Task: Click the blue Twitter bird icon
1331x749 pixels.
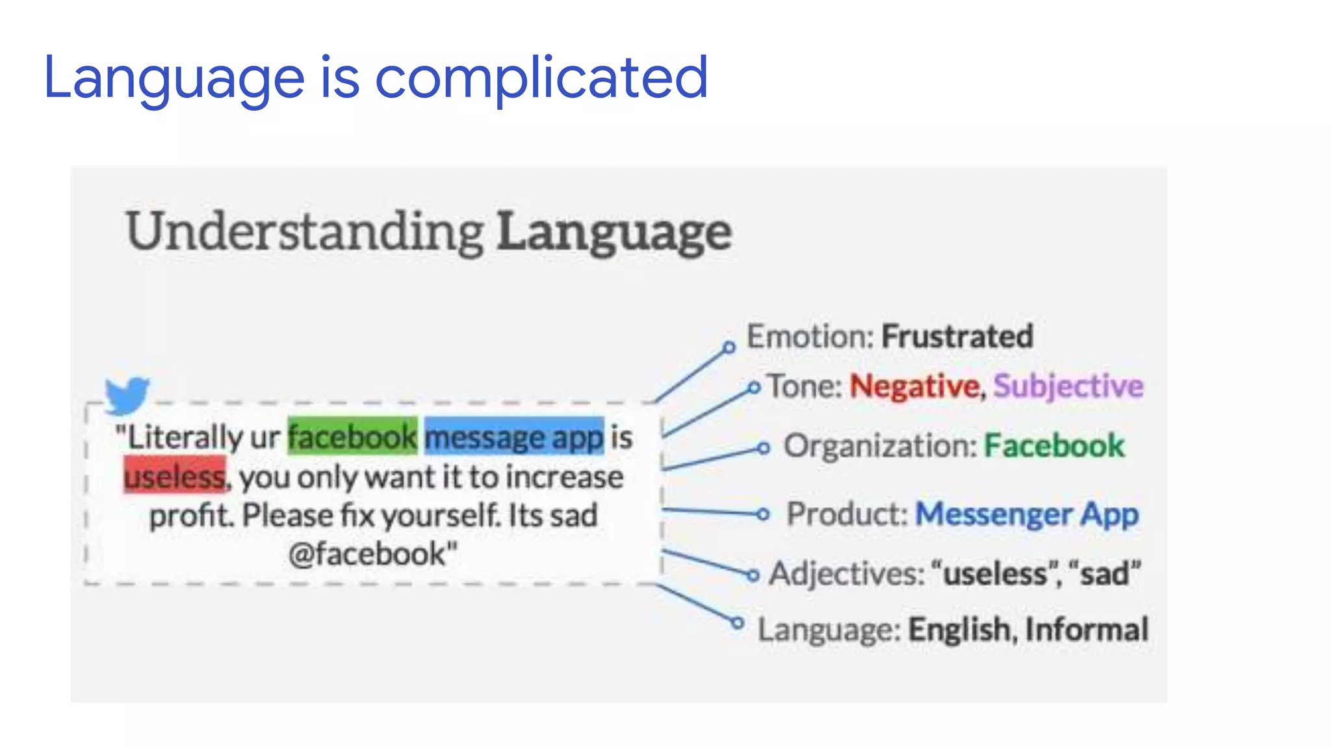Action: [127, 394]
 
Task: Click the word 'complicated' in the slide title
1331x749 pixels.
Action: [541, 78]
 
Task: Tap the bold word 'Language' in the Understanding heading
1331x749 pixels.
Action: [614, 233]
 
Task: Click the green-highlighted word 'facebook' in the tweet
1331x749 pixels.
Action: [352, 437]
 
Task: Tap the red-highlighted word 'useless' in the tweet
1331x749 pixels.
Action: [175, 477]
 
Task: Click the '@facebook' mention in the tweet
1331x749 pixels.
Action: [372, 555]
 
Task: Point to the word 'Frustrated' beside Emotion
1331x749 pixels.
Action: [957, 337]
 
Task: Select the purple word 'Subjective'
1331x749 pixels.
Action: [1068, 386]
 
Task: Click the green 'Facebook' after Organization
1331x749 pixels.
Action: [1053, 446]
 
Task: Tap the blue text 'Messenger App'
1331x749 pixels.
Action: [1027, 514]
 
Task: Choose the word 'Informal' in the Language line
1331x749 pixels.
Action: [1087, 629]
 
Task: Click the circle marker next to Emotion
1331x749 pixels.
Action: [729, 347]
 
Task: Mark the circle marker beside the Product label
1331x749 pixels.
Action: [763, 514]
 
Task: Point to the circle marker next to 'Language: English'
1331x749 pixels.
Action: [737, 623]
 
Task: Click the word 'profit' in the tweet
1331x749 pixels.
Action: [190, 516]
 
